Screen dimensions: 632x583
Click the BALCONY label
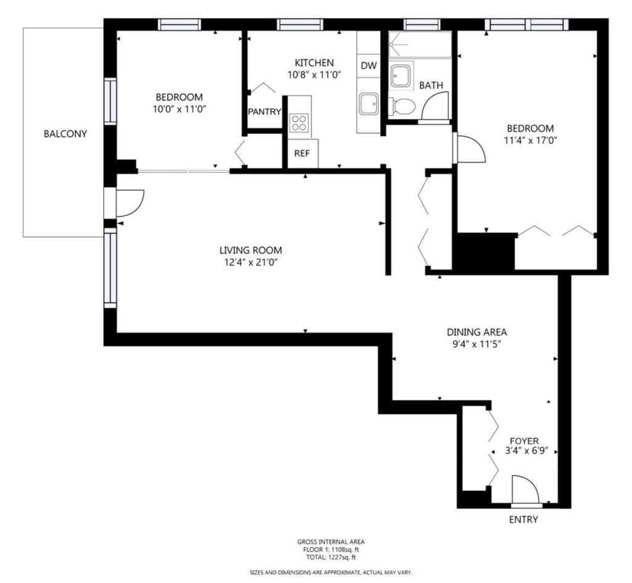[x=65, y=134]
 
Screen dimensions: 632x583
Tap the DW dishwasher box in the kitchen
[x=368, y=65]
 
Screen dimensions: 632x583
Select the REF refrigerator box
[x=302, y=153]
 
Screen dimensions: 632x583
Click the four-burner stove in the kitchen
[x=299, y=123]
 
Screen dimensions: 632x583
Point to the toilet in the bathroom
[x=402, y=107]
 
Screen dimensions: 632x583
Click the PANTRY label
[x=264, y=112]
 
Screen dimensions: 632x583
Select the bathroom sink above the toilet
[x=401, y=75]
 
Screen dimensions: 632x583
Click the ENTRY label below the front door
[x=523, y=519]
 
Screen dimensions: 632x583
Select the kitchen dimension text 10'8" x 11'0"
[x=314, y=75]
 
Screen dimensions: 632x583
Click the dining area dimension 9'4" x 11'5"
[x=476, y=344]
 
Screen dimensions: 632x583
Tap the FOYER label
[x=524, y=441]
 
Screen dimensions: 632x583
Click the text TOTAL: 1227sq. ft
[x=331, y=558]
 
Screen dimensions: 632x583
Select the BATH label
[x=431, y=85]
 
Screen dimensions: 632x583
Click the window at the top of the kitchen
[x=301, y=25]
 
